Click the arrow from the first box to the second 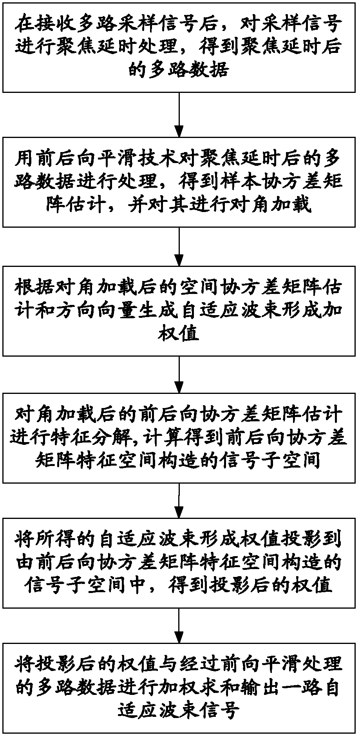(179, 114)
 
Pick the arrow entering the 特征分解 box (179, 375)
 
